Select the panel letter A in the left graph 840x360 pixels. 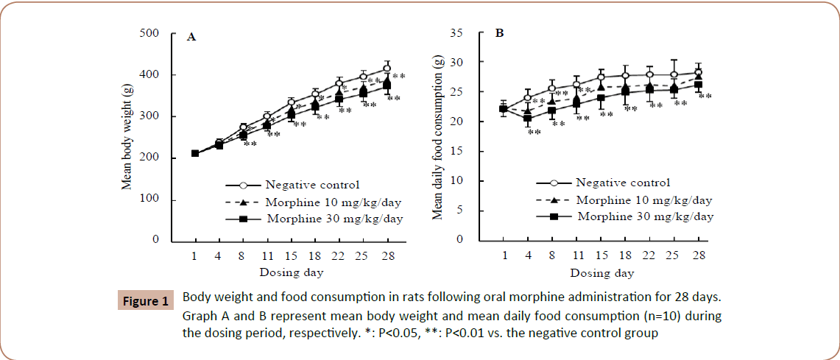coord(191,37)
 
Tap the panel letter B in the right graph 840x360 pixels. coord(499,34)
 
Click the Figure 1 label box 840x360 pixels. coord(145,300)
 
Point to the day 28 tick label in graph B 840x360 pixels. coord(698,255)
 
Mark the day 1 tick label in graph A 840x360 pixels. coord(195,255)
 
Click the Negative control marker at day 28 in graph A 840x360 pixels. coord(387,68)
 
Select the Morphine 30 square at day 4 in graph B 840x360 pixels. coord(527,119)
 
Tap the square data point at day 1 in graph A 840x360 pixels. coord(195,154)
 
